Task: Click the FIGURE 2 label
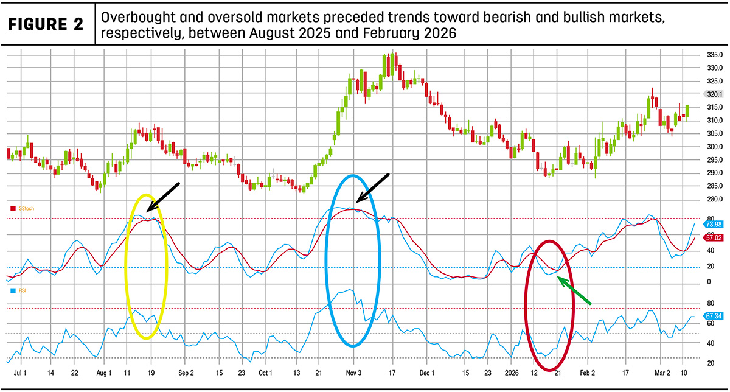45,24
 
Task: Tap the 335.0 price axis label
715,55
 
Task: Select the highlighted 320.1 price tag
714,94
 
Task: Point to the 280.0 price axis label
715,199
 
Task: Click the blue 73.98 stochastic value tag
713,225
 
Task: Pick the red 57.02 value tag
713,238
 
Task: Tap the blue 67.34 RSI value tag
713,316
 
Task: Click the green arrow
574,290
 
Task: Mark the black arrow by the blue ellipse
372,188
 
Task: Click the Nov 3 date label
353,373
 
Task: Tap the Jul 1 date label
20,373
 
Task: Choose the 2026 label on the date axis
512,373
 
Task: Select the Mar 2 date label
662,373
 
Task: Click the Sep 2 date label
186,373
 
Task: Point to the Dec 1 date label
427,373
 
